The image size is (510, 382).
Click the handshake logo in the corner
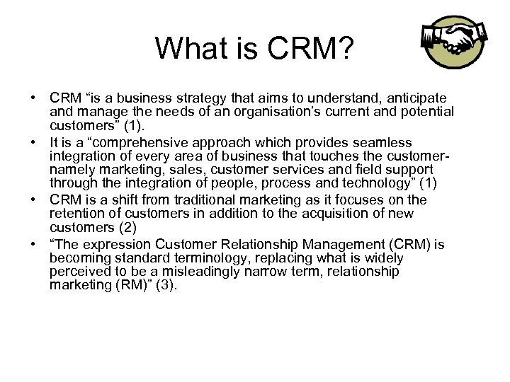click(454, 42)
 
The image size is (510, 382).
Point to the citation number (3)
click(164, 285)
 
